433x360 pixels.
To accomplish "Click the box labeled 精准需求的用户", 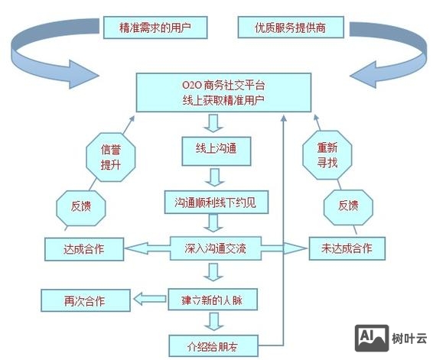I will [155, 28].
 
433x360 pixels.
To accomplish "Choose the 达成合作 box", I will [83, 248].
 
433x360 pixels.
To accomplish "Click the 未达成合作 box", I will [347, 248].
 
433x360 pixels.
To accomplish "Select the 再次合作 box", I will [84, 300].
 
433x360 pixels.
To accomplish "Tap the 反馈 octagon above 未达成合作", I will [347, 205].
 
